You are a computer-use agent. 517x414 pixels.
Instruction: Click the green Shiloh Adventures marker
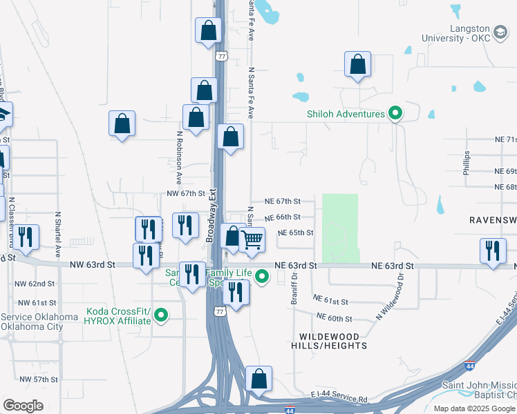point(395,114)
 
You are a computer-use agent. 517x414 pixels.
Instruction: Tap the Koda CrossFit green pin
point(161,316)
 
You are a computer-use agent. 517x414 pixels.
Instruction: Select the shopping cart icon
point(252,241)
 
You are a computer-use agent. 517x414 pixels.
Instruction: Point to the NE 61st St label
point(331,300)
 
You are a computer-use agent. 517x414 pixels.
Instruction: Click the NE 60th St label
point(335,318)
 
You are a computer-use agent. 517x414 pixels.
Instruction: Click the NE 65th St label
point(296,233)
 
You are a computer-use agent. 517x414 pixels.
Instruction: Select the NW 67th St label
point(187,194)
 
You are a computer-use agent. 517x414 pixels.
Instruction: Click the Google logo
point(23,405)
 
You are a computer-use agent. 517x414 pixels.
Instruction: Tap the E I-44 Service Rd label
point(339,400)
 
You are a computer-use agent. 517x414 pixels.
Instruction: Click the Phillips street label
point(467,163)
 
